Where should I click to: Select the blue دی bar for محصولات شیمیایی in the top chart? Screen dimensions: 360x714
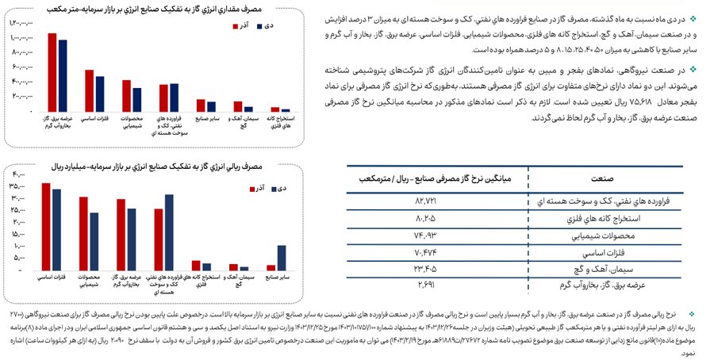[x=137, y=99]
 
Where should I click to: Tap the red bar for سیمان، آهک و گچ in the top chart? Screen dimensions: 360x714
[x=238, y=106]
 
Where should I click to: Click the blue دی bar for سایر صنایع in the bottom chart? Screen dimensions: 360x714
[x=282, y=259]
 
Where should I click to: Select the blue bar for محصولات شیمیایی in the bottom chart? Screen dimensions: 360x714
[x=94, y=242]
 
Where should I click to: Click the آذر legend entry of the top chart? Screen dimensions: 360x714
[x=238, y=25]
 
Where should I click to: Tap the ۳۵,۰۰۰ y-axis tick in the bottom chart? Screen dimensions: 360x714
[x=17, y=186]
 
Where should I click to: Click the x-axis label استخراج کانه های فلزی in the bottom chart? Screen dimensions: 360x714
[x=203, y=279]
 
